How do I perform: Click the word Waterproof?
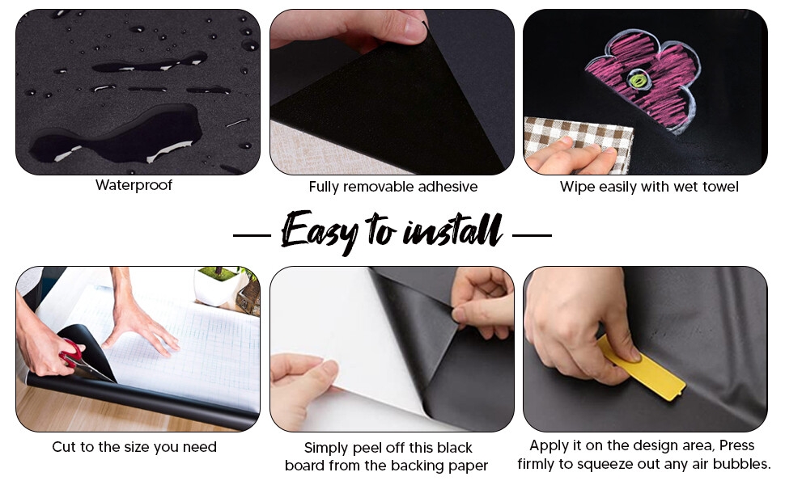point(134,185)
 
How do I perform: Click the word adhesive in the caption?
point(448,187)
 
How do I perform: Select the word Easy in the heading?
point(318,230)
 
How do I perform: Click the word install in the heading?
point(453,230)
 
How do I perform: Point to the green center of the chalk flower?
point(636,80)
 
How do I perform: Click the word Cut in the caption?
point(63,446)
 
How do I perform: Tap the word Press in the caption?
point(737,445)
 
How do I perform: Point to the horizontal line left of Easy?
point(252,235)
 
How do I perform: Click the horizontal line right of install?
point(533,235)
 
